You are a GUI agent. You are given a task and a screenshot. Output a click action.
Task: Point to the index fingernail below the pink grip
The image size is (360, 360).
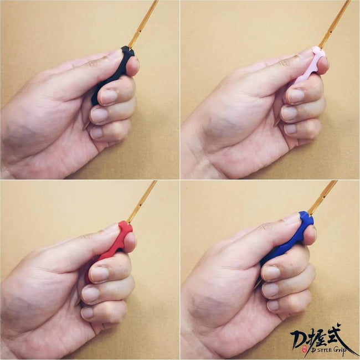coord(296,96)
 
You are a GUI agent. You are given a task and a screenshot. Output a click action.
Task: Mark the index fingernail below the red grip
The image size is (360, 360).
coord(100,274)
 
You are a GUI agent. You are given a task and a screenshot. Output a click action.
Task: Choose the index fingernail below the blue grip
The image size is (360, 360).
coord(271,272)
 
